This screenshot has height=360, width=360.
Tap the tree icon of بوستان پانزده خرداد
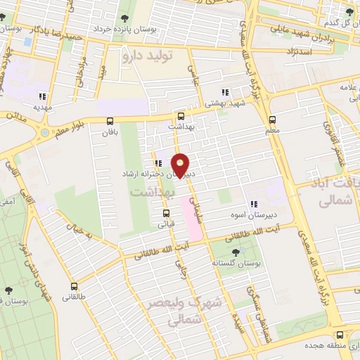coord(124,19)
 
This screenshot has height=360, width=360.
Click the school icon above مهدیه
coord(42,96)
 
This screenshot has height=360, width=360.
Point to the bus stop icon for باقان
coord(109,121)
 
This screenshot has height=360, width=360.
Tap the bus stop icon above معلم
coord(274,118)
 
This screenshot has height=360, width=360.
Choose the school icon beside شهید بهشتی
coord(224,92)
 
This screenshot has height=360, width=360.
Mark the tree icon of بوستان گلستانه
coord(234,251)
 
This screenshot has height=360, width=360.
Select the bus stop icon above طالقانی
coord(75,286)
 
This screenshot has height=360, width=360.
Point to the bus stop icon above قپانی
coord(166,213)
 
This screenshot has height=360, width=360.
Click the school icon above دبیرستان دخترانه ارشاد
coord(159,163)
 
